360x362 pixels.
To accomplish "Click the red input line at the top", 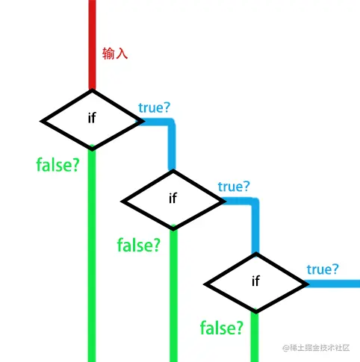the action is click(92, 45).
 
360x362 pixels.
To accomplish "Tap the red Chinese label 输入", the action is click(115, 54).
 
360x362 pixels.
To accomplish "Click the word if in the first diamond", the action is click(92, 118).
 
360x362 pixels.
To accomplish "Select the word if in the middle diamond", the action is click(173, 198).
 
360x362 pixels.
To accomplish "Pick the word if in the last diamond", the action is click(255, 281).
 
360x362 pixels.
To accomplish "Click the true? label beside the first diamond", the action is click(154, 107).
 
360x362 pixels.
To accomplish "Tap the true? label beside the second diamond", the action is click(234, 187).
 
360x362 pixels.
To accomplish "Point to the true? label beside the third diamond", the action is click(323, 269).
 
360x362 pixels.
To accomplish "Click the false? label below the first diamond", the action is click(58, 165).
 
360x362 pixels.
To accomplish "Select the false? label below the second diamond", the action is click(139, 245).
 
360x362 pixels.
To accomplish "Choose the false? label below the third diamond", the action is click(222, 328).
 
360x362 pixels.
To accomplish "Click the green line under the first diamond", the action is click(92, 254).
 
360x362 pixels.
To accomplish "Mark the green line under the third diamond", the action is click(255, 336).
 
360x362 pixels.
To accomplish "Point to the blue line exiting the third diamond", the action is click(332, 284).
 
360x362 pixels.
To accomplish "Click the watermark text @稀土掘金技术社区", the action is click(316, 348).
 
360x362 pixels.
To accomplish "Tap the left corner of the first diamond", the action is click(40, 122).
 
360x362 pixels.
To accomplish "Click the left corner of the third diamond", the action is click(204, 284).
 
